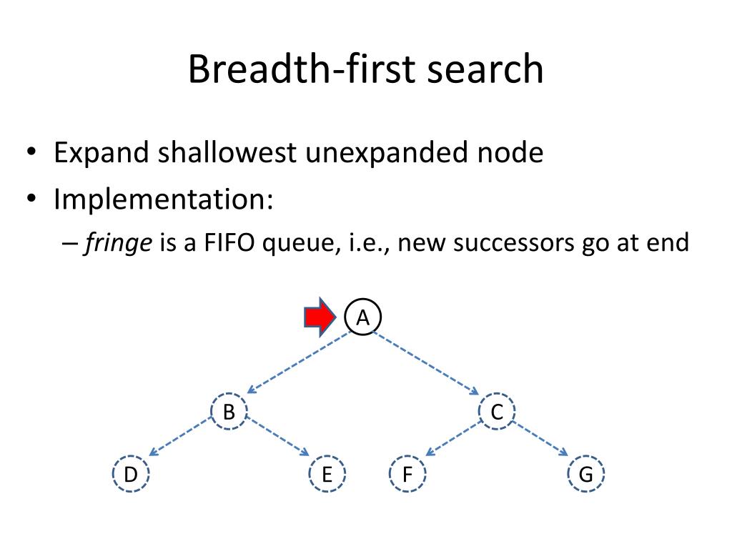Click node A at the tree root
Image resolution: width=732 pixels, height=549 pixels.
[x=363, y=317]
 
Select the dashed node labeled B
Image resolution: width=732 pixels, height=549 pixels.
[x=229, y=412]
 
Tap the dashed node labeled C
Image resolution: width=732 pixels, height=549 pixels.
[x=498, y=412]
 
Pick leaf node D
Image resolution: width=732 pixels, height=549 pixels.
[x=130, y=475]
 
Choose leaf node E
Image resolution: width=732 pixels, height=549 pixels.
[x=327, y=475]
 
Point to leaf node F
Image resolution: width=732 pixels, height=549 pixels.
[x=407, y=475]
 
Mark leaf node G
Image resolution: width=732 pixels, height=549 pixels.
[x=586, y=475]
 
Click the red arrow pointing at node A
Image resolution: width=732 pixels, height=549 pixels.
[x=320, y=317]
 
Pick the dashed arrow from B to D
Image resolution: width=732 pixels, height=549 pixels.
[x=181, y=438]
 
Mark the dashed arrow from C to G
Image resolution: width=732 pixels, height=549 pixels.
[x=540, y=438]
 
